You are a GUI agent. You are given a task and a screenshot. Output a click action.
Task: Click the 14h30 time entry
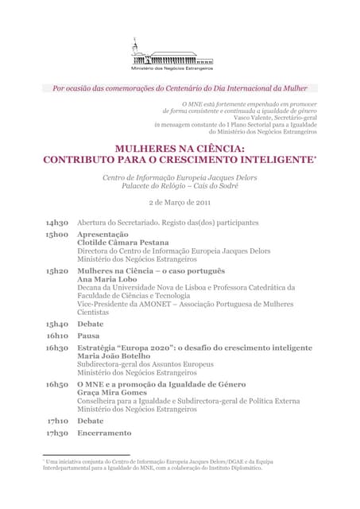pos(57,223)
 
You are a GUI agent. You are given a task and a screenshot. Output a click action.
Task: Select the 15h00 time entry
pos(57,235)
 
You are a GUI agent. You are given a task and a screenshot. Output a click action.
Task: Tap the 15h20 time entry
pos(57,271)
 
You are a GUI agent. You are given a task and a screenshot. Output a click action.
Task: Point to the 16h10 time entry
pos(57,336)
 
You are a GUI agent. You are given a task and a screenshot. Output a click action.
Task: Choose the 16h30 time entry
pos(57,348)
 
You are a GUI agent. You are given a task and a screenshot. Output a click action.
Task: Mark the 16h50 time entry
pos(57,384)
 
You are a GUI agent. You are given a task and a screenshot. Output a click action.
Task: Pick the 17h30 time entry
pos(57,433)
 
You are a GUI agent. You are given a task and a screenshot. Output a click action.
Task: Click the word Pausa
pos(88,336)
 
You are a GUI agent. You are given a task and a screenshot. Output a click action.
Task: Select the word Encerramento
pos(104,433)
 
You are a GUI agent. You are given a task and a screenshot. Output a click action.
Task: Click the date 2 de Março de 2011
pos(180,203)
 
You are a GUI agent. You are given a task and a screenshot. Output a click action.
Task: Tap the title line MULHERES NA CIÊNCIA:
pos(180,149)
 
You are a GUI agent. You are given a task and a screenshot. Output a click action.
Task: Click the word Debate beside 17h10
pos(91,421)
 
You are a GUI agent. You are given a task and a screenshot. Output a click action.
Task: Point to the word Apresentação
pos(103,235)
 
